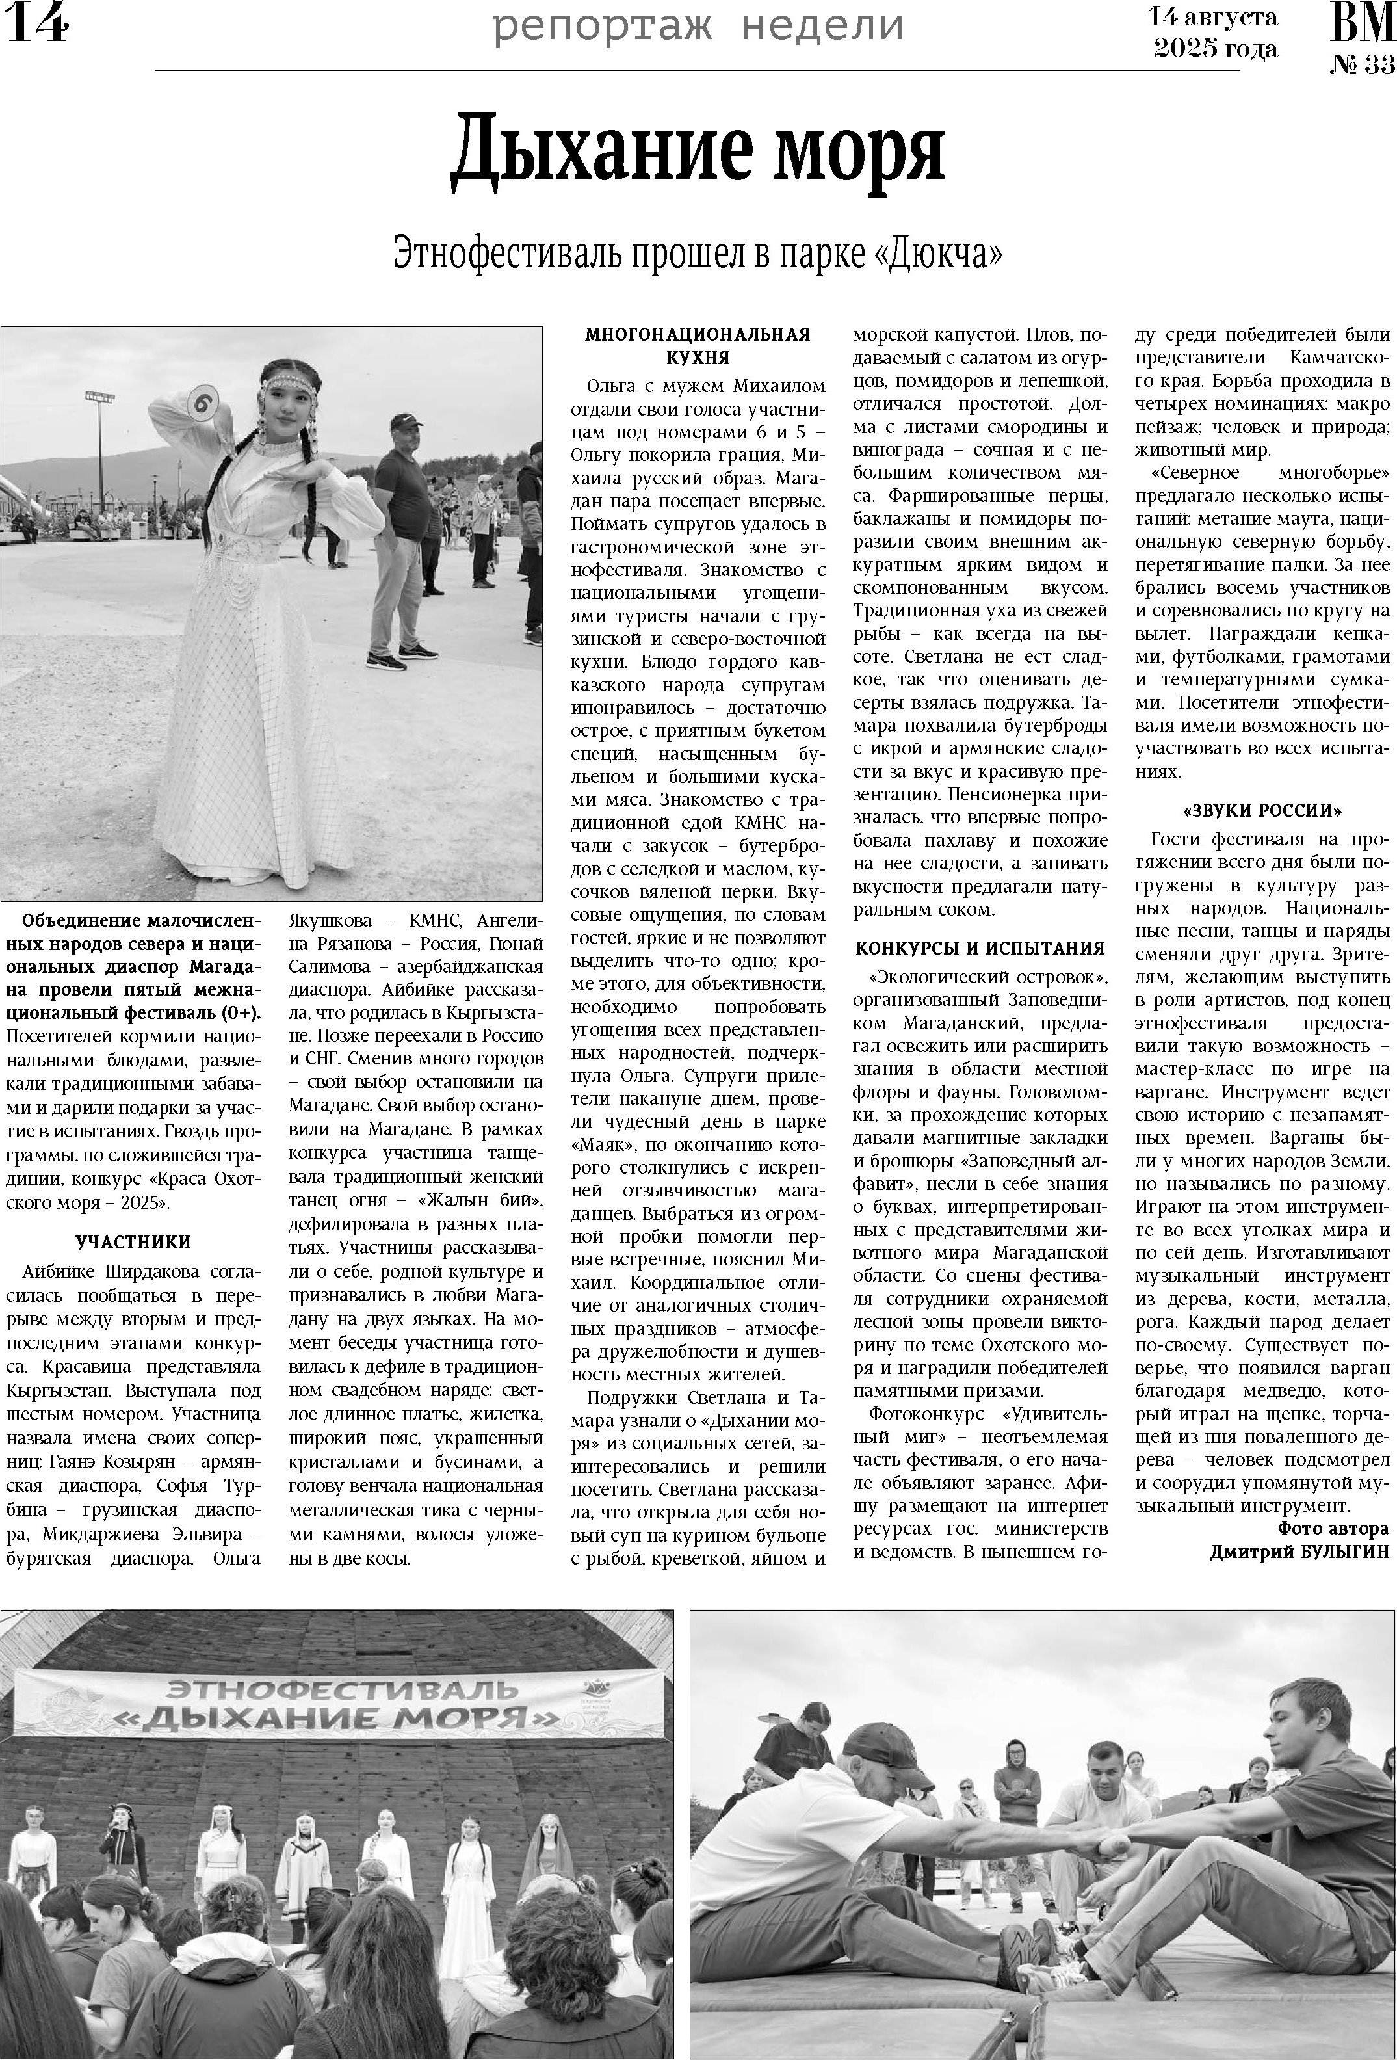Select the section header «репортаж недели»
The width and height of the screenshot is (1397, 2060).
coord(698,26)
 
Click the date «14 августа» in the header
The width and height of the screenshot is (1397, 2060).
coord(1212,17)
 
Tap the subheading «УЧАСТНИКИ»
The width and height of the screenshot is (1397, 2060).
coord(133,1243)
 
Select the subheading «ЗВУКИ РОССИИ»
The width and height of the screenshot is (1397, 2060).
coord(1262,811)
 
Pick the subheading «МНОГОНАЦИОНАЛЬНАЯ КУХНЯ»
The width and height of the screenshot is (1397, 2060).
coord(698,346)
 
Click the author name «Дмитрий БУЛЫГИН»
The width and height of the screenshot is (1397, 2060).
coord(1299,1552)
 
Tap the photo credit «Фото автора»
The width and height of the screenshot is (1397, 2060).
coord(1332,1528)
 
